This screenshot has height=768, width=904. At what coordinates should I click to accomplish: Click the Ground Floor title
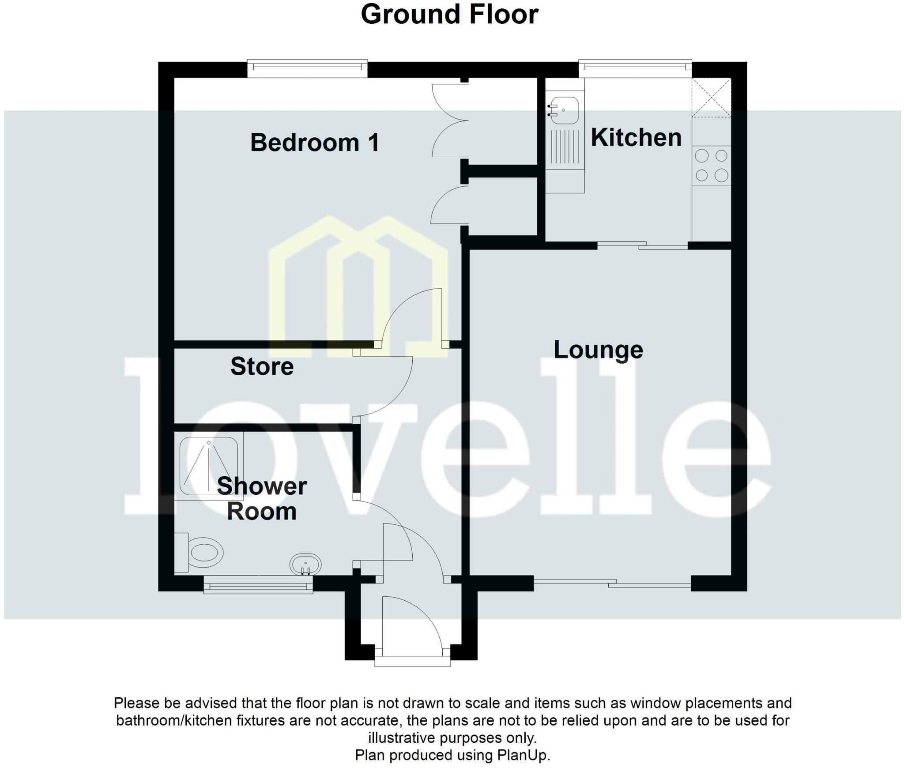(x=449, y=15)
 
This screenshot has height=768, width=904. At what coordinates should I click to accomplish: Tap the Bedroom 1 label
(x=314, y=143)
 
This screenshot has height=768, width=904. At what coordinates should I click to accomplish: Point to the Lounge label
(x=598, y=350)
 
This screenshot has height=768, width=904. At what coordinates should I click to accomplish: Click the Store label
(x=262, y=366)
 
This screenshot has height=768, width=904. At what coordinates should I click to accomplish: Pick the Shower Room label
(x=262, y=499)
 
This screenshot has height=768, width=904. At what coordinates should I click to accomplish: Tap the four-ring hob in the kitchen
(x=711, y=166)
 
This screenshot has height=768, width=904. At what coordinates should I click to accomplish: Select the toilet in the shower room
(x=201, y=553)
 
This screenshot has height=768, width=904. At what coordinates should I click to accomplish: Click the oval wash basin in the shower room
(x=305, y=565)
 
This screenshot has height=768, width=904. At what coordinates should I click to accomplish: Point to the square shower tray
(x=209, y=466)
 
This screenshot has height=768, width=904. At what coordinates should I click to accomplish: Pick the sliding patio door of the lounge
(x=612, y=584)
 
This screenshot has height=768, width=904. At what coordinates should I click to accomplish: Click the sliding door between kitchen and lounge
(x=642, y=245)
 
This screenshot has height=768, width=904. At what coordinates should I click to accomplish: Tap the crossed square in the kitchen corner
(x=711, y=97)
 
